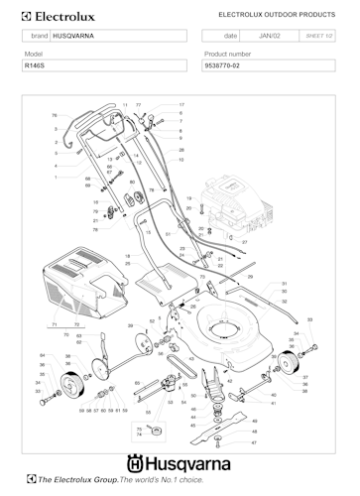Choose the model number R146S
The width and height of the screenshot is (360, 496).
pos(36,64)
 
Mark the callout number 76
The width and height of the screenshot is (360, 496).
pos(55,115)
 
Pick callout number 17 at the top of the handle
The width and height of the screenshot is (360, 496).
pos(181,104)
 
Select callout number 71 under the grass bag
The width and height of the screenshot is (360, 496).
pos(53,324)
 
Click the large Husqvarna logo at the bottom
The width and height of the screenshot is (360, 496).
pos(179,462)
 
